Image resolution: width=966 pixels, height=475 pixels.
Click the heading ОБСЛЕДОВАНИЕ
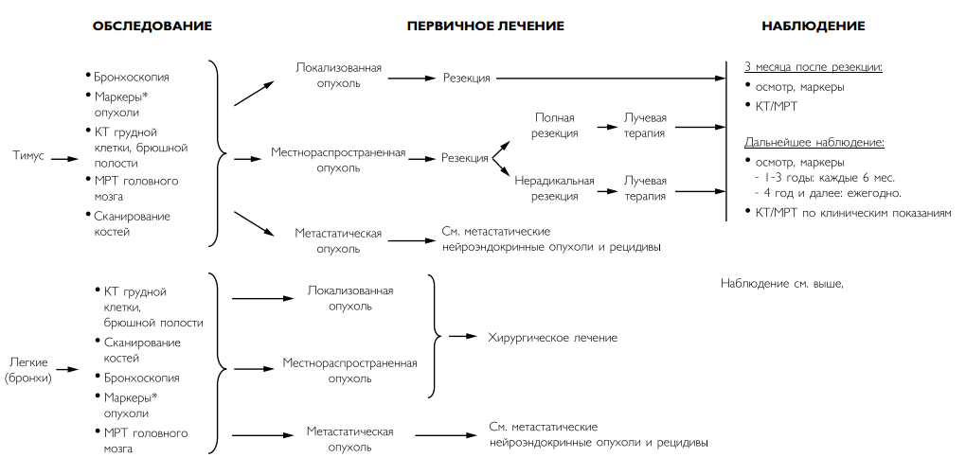152,26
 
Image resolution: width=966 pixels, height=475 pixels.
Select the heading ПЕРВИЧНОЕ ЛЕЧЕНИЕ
486,26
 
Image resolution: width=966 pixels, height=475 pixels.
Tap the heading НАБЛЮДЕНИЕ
814,26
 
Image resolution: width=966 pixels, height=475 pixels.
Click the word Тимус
29,156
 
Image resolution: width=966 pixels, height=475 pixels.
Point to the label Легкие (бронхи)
28,370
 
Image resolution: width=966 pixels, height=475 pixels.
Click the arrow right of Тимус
64,159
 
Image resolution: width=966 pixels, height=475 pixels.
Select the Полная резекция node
555,125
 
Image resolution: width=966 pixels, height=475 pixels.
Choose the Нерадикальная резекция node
554,188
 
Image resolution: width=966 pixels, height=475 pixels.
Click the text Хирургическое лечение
553,338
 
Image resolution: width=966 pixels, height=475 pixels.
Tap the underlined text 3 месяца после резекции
814,67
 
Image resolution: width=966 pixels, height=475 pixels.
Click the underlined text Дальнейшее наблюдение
814,143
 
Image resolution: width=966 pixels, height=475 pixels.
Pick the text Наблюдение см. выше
781,284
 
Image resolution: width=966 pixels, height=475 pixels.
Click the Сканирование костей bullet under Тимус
128,224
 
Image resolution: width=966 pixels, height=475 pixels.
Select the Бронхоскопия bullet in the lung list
136,378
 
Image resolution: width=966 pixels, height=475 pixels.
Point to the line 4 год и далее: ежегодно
828,193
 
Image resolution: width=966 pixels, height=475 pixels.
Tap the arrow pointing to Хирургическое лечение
463,336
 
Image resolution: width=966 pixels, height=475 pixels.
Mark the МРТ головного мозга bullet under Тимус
132,188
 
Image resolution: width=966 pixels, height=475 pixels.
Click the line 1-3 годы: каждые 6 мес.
824,178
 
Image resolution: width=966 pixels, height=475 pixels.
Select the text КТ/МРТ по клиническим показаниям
849,213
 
